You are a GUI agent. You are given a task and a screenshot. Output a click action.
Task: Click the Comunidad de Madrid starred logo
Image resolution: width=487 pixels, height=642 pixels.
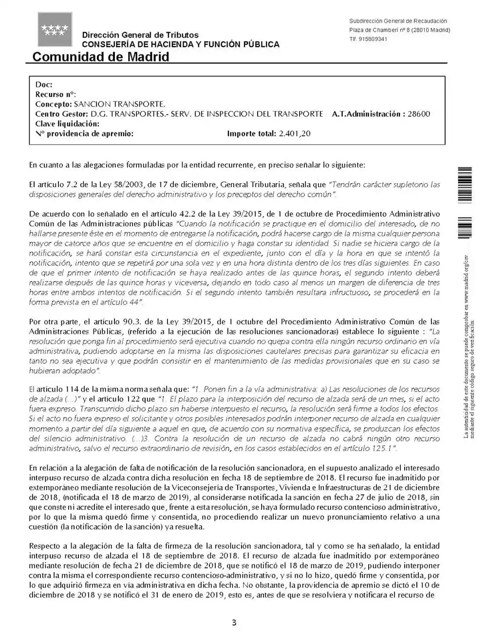pos(55,29)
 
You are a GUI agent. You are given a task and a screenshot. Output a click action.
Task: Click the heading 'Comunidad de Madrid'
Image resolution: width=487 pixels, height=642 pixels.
pos(101,57)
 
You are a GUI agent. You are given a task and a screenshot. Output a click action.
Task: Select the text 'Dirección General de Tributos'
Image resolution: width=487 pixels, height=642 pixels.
pos(140,35)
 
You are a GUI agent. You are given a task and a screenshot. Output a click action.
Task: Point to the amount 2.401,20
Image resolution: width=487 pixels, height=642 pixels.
pos(295,133)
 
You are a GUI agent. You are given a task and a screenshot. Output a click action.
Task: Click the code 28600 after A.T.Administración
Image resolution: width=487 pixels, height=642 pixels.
pos(419,114)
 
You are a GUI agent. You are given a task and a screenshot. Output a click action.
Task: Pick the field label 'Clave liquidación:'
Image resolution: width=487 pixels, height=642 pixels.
pos(67,124)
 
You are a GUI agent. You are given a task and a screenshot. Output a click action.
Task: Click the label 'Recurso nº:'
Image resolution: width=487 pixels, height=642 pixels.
pos(56,94)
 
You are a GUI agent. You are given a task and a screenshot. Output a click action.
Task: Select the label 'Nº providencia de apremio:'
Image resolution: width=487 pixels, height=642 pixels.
pos(84,133)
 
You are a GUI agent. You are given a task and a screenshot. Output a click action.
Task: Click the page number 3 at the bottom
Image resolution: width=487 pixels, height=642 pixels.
pos(234,623)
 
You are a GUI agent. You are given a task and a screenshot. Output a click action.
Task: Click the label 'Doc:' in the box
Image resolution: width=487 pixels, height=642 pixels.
pos(44,85)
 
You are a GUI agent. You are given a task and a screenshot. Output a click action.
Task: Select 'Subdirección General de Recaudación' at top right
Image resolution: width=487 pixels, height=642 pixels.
pos(398,21)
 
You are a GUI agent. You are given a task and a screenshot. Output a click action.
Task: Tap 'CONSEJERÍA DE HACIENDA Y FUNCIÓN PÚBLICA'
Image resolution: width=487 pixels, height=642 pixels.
pos(181,44)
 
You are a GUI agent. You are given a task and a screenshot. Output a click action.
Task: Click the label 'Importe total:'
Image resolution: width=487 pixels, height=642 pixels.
pos(251,133)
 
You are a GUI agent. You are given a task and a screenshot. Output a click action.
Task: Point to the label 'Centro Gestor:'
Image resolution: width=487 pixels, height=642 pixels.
pos(62,114)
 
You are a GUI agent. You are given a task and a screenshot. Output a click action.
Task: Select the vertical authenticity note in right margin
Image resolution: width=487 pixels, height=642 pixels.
pos(468,346)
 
